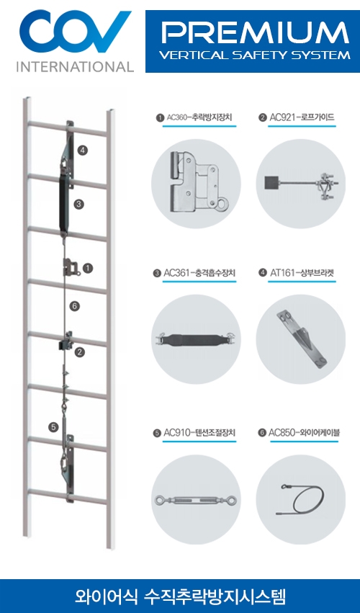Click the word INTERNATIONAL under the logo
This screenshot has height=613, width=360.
coord(75,66)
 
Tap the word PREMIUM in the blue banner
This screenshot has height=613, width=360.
coord(255,33)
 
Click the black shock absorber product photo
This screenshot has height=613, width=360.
coord(196,339)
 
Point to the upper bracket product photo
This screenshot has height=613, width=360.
coord(300,338)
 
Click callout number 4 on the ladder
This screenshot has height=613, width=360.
coord(83,150)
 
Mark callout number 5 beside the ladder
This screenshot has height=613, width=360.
coord(53,427)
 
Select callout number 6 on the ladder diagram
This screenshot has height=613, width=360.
coord(75,305)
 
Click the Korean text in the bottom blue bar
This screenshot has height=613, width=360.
coord(181,596)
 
